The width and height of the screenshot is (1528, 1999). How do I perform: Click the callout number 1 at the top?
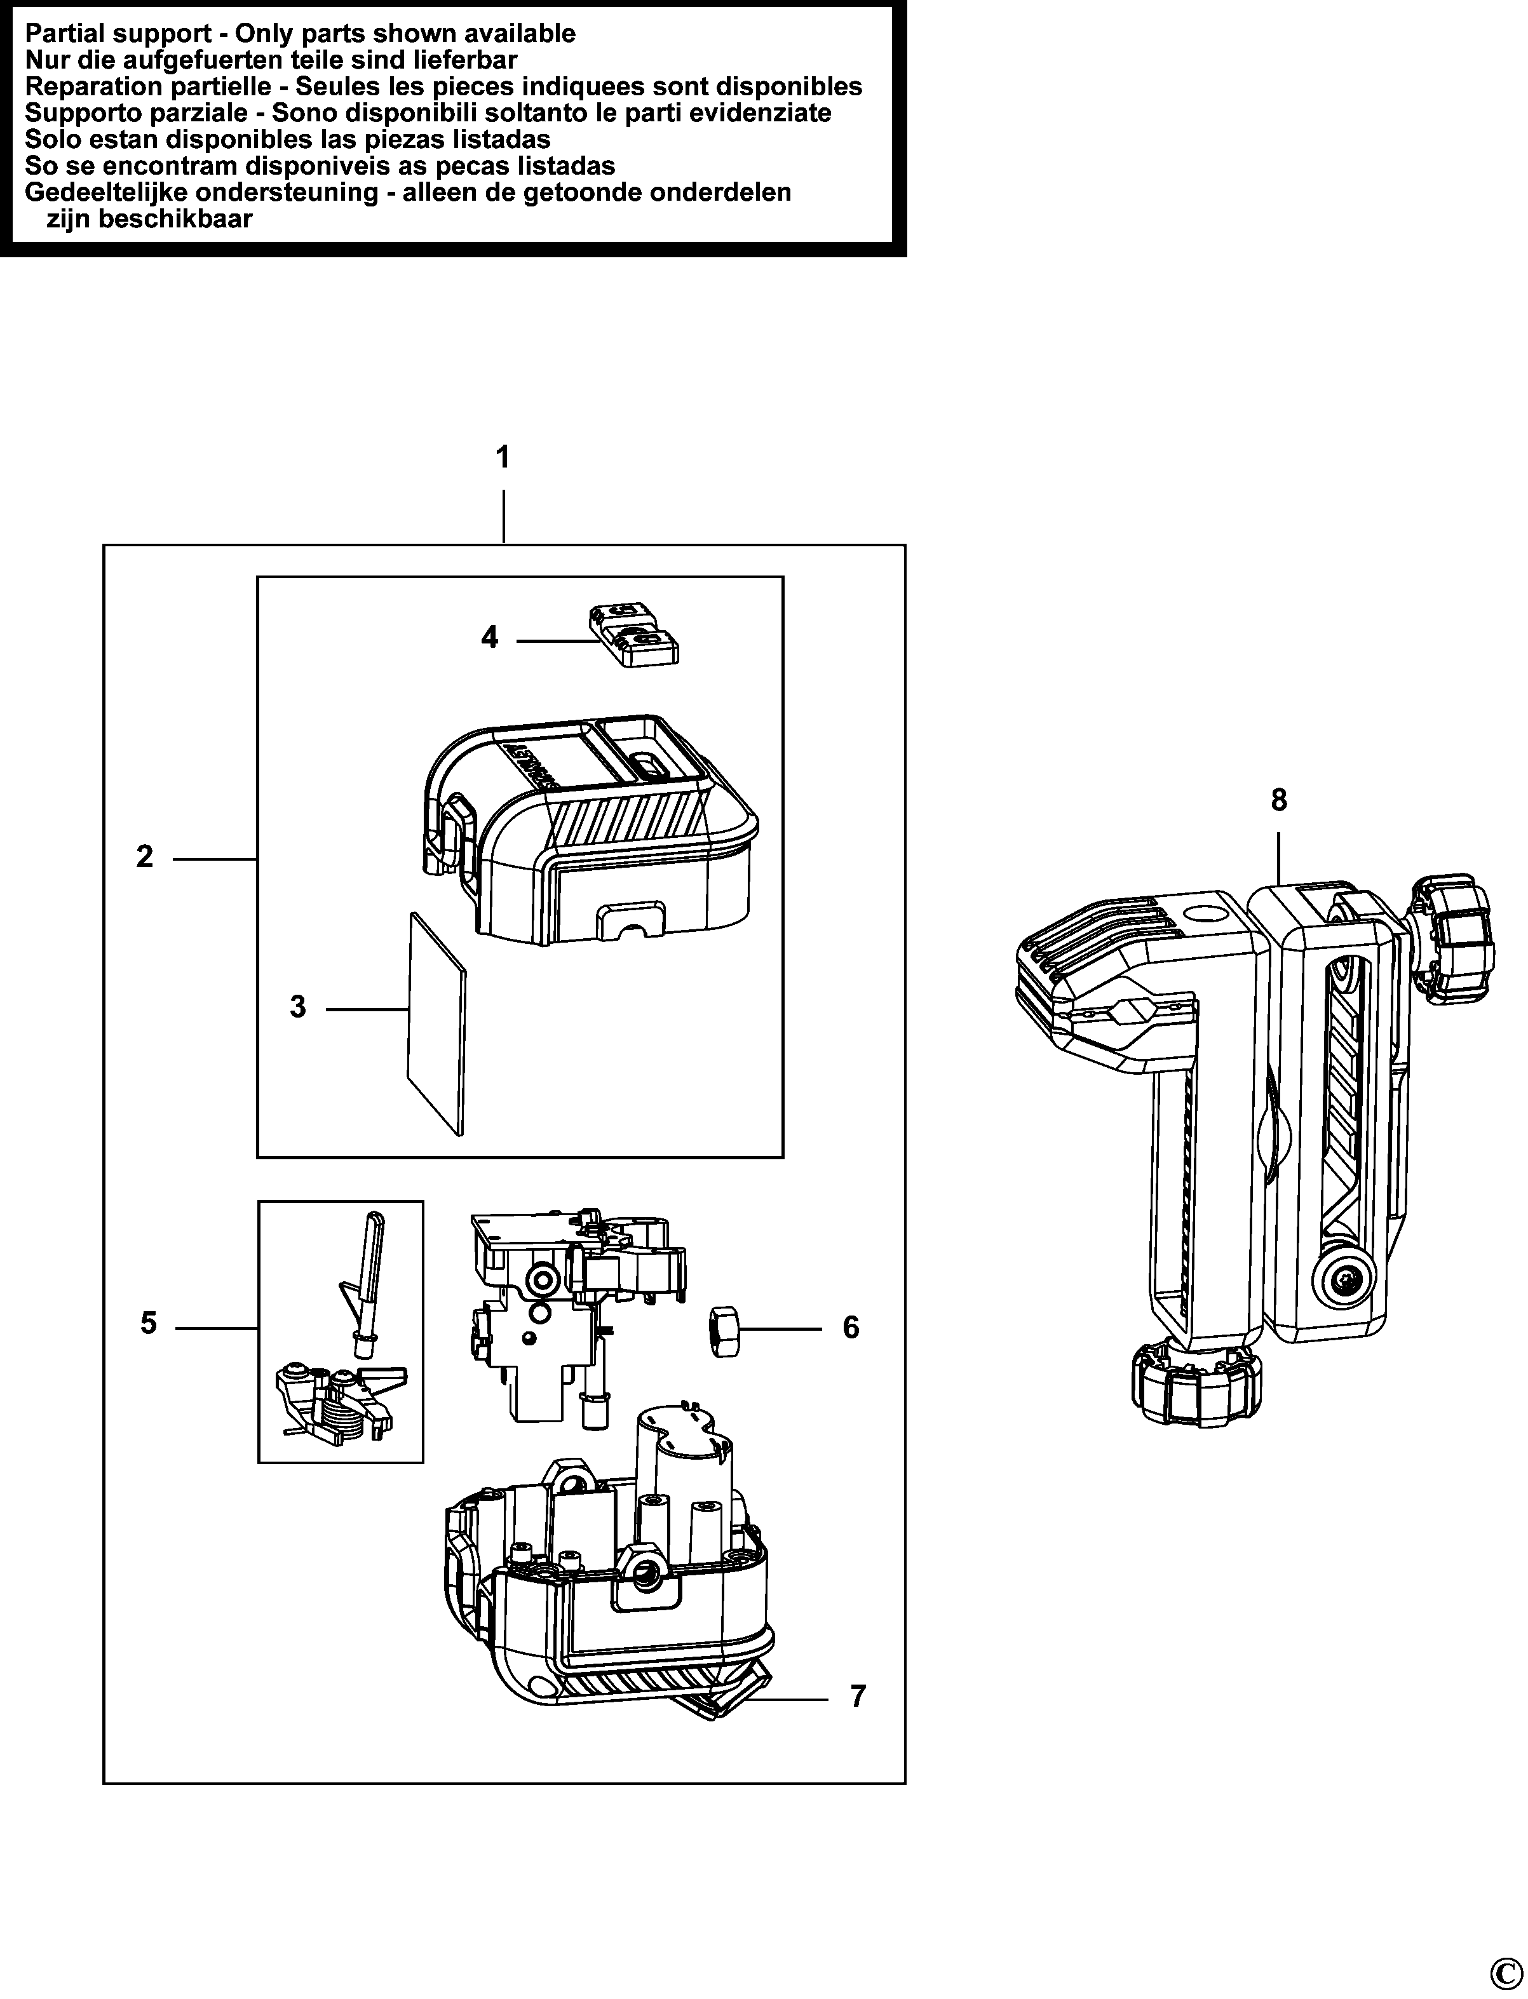[502, 457]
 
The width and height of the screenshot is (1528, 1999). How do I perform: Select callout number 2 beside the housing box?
[145, 857]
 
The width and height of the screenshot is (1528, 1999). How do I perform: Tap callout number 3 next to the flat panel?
[297, 1007]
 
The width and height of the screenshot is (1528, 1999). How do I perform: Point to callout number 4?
[489, 638]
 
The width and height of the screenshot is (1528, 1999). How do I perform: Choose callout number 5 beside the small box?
[148, 1323]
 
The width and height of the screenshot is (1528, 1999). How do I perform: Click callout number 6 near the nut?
[850, 1328]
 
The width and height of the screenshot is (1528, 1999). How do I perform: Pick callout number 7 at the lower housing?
[858, 1697]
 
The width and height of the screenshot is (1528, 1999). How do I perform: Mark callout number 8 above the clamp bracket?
[1279, 800]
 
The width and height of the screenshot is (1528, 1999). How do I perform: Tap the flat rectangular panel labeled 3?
[436, 1023]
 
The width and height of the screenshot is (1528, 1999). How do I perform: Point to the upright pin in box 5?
[368, 1282]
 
